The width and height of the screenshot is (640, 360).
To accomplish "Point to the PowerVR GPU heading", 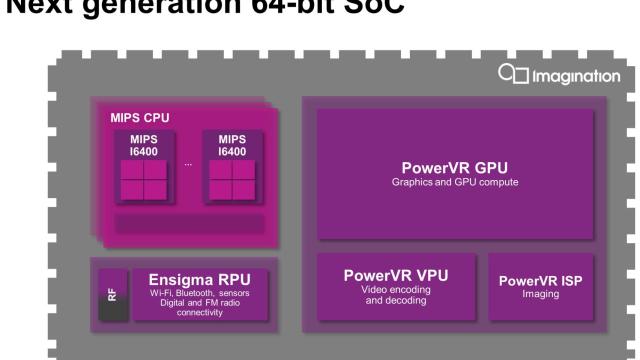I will pos(455,168).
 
